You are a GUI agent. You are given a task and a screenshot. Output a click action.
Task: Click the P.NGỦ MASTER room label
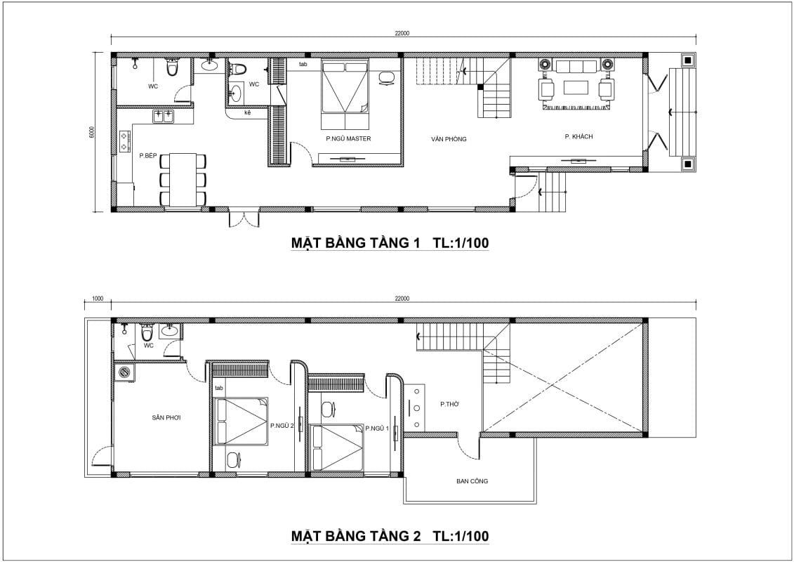point(348,138)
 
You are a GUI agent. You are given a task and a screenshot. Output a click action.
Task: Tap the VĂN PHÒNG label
point(449,139)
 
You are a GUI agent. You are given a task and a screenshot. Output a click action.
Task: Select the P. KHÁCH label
point(578,136)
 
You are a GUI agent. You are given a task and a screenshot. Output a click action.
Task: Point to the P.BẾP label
point(148,155)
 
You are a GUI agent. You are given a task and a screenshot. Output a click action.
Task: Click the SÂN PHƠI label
point(166,418)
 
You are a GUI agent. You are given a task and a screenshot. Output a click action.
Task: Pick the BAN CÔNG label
point(472,481)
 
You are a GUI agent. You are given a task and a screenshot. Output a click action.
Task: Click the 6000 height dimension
point(91,131)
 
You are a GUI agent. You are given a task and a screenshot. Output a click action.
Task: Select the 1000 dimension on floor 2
point(98,299)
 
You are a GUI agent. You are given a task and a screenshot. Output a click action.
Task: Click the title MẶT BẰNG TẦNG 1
point(355,243)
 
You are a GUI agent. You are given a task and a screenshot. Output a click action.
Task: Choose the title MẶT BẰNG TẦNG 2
point(355,536)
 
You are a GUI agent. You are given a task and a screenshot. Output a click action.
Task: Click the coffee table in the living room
point(576,88)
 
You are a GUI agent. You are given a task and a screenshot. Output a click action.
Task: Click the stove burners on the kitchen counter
point(124,141)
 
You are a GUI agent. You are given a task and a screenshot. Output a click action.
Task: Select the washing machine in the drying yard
point(124,372)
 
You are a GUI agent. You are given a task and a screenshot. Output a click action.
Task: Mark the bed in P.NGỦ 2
point(241,421)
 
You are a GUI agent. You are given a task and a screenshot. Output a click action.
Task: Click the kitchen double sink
point(163,115)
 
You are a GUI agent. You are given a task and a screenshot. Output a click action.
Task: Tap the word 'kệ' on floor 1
point(248,112)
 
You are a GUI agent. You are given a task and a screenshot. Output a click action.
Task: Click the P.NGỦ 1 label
point(377,428)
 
